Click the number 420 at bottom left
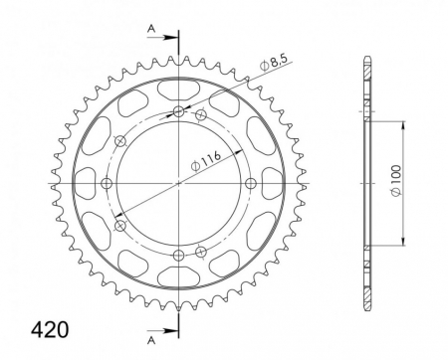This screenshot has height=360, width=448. (50, 330)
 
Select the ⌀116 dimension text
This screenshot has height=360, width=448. (206, 161)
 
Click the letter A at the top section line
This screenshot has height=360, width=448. (151, 29)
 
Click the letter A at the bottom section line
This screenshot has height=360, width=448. (151, 340)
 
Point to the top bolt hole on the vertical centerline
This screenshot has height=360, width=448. (179, 111)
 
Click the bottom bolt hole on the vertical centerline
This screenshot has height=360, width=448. (179, 255)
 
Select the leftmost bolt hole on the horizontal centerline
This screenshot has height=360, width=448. (107, 183)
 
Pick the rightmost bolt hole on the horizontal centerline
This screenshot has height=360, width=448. (251, 183)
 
